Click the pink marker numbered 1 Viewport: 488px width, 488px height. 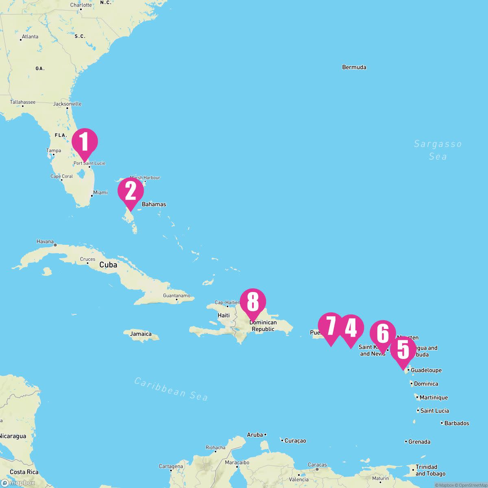pos(85,142)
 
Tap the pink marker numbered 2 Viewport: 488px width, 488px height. pos(131,191)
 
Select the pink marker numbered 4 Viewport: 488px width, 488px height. pos(351,328)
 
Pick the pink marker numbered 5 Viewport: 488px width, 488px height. pos(403,350)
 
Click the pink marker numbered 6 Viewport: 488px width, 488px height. pos(383,333)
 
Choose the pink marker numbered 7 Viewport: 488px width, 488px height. pos(331,326)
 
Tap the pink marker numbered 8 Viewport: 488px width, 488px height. pos(253,302)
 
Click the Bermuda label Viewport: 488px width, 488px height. pos(354,67)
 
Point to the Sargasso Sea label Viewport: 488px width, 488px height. pos(438,150)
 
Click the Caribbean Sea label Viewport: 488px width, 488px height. pos(171,388)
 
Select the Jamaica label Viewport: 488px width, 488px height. pos(141,334)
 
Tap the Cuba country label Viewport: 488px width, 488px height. pos(108,265)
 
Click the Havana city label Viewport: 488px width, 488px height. pos(45,242)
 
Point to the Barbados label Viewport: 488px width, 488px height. pos(457,423)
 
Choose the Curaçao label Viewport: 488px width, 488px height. pos(295,441)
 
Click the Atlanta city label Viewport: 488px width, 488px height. pos(30,37)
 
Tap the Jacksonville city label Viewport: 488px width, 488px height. pos(67,104)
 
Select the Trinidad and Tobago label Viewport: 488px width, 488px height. pos(430,470)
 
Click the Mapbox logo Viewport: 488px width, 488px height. pos(18,483)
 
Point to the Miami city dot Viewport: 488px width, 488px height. pos(91,196)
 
